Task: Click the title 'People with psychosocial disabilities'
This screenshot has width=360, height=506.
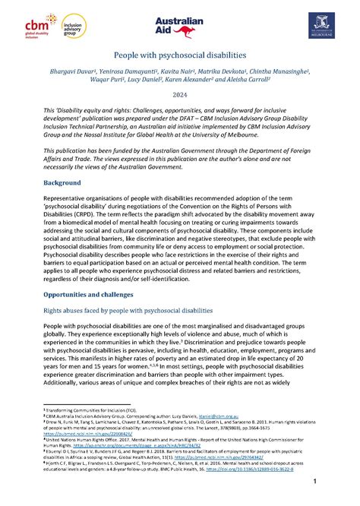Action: coord(179,56)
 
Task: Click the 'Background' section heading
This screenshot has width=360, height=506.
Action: coord(61,184)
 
